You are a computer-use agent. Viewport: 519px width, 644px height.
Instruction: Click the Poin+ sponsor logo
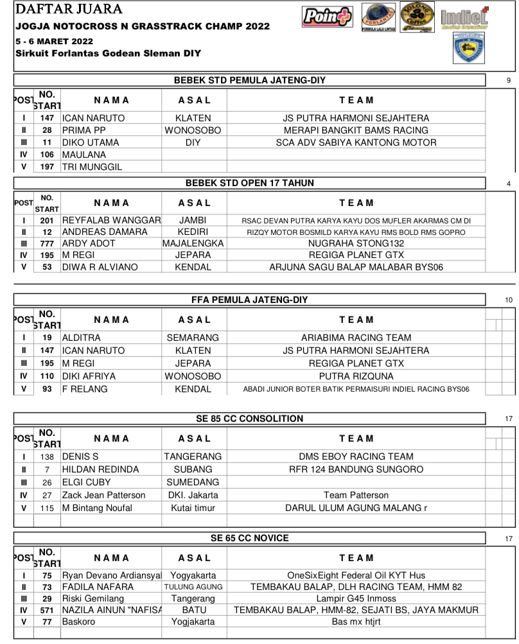[327, 18]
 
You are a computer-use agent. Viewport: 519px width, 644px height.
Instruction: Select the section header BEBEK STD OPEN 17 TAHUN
[250, 183]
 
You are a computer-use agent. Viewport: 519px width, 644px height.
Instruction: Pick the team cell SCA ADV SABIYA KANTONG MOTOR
[356, 143]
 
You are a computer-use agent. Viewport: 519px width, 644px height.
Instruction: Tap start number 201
[46, 220]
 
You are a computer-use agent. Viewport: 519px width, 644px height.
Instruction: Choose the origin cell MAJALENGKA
[193, 243]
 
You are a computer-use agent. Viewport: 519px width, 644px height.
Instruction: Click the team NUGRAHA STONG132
[356, 243]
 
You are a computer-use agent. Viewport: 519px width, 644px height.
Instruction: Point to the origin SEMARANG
[193, 338]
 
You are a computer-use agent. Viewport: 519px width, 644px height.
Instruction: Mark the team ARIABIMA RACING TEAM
[356, 338]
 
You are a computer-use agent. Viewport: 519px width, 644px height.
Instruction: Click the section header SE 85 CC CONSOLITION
[250, 419]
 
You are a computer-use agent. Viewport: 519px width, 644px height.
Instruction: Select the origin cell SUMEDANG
[193, 482]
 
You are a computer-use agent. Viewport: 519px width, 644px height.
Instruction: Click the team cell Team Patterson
[356, 495]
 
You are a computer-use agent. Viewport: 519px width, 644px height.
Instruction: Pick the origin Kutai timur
[193, 508]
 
